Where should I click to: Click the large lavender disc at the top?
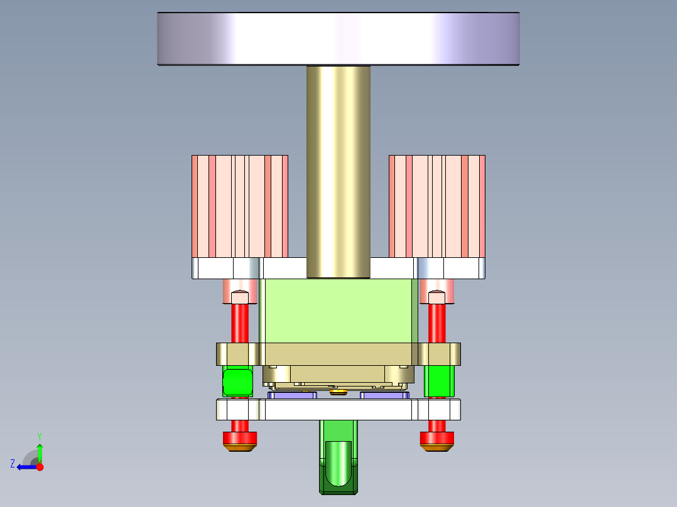[x=338, y=39]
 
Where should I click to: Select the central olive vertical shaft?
[x=338, y=169]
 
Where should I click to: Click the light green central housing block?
[x=338, y=311]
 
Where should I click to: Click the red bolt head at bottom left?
[x=240, y=437]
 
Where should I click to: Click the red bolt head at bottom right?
[x=437, y=437]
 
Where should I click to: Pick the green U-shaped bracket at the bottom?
[x=338, y=464]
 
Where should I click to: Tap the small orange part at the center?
[x=338, y=393]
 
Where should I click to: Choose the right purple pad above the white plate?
[x=384, y=395]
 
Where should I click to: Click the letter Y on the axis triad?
[x=39, y=435]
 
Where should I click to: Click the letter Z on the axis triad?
[x=12, y=464]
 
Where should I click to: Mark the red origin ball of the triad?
[x=40, y=467]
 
